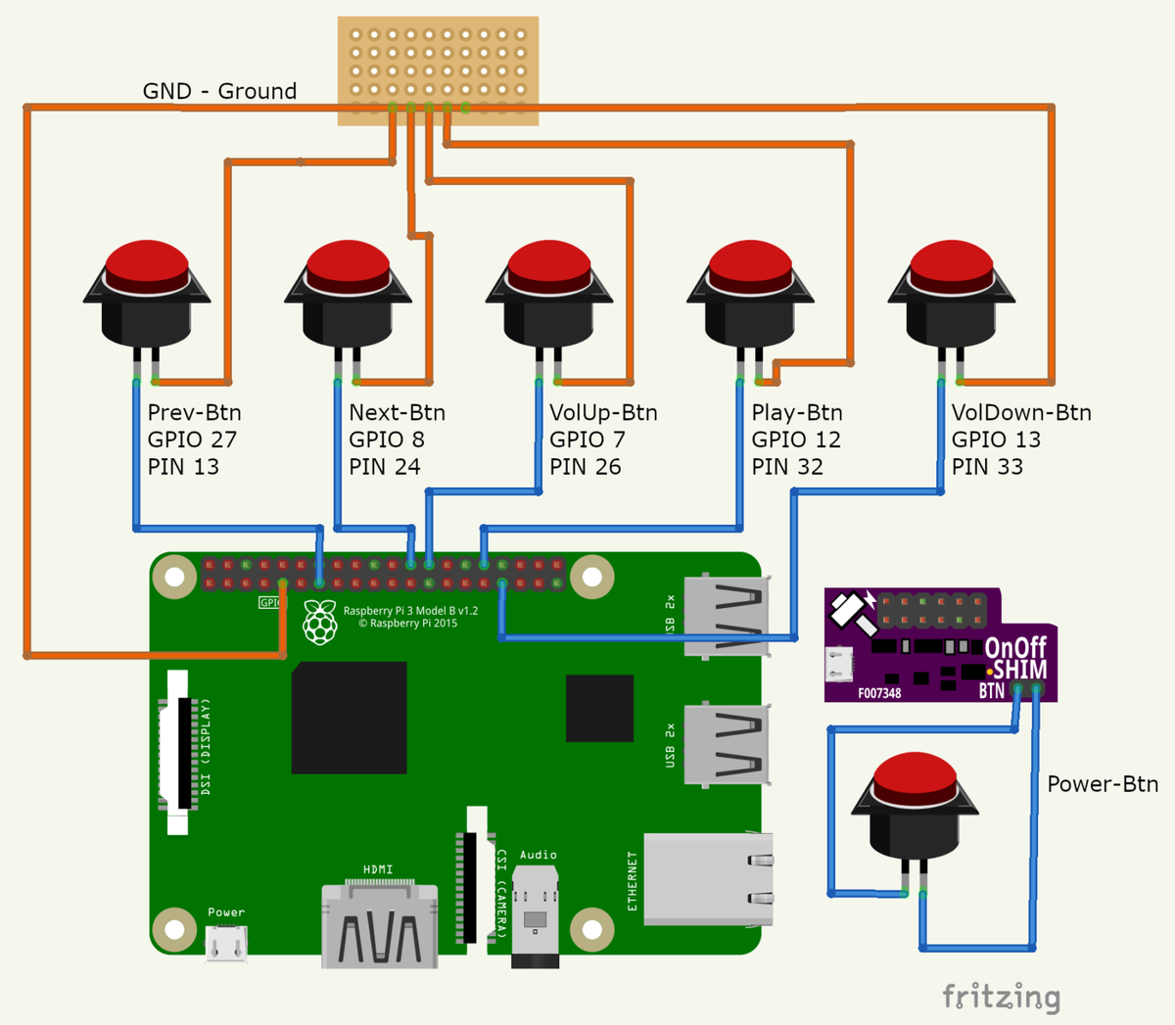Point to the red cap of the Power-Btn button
point(915,774)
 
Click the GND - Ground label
point(219,91)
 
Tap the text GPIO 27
point(192,440)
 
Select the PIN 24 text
point(385,467)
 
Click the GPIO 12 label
point(796,440)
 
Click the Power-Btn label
point(1103,784)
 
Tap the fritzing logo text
point(1001,997)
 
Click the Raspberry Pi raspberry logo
point(320,623)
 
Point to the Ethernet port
point(708,879)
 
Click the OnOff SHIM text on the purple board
point(1015,658)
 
